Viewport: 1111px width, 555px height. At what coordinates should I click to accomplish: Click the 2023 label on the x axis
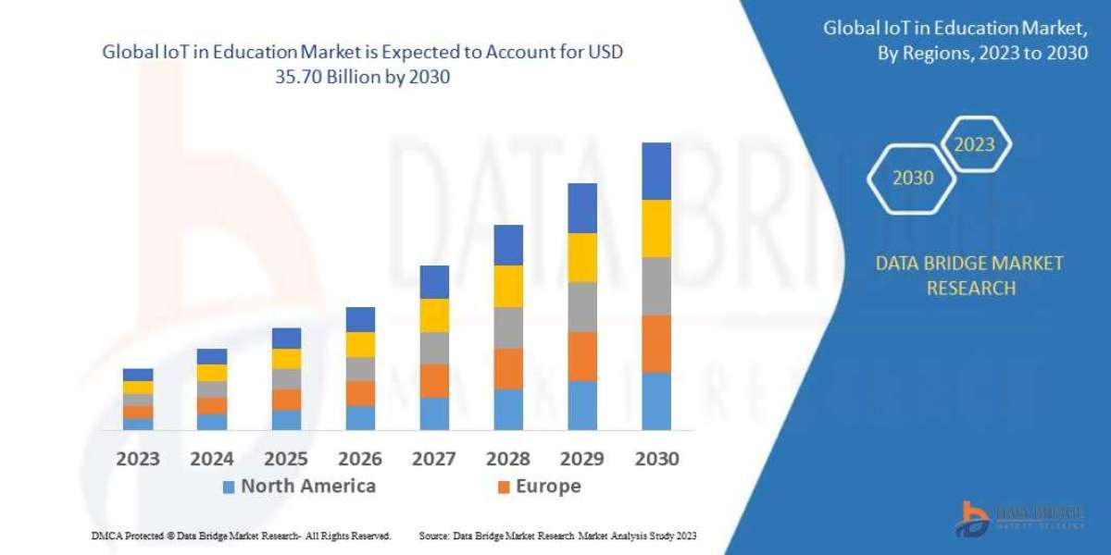click(138, 459)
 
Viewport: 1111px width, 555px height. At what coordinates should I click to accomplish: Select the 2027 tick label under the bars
click(434, 459)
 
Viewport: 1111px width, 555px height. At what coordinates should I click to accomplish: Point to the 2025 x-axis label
click(286, 459)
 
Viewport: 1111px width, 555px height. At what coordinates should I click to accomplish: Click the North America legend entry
click(298, 487)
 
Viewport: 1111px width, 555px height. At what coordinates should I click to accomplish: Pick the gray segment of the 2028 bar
click(508, 327)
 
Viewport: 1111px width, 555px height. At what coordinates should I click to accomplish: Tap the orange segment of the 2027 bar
click(434, 380)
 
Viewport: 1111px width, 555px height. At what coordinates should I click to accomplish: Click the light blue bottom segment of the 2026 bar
click(360, 417)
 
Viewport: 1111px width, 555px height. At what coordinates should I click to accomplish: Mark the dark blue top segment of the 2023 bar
click(138, 375)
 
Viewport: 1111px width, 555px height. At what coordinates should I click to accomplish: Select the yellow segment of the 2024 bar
click(212, 373)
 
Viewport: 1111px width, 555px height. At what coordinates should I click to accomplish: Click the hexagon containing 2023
click(974, 144)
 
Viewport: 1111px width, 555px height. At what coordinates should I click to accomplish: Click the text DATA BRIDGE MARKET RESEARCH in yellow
click(969, 276)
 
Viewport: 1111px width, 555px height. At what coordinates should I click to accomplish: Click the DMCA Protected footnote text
click(242, 536)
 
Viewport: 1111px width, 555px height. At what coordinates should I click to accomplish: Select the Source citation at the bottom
click(557, 536)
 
